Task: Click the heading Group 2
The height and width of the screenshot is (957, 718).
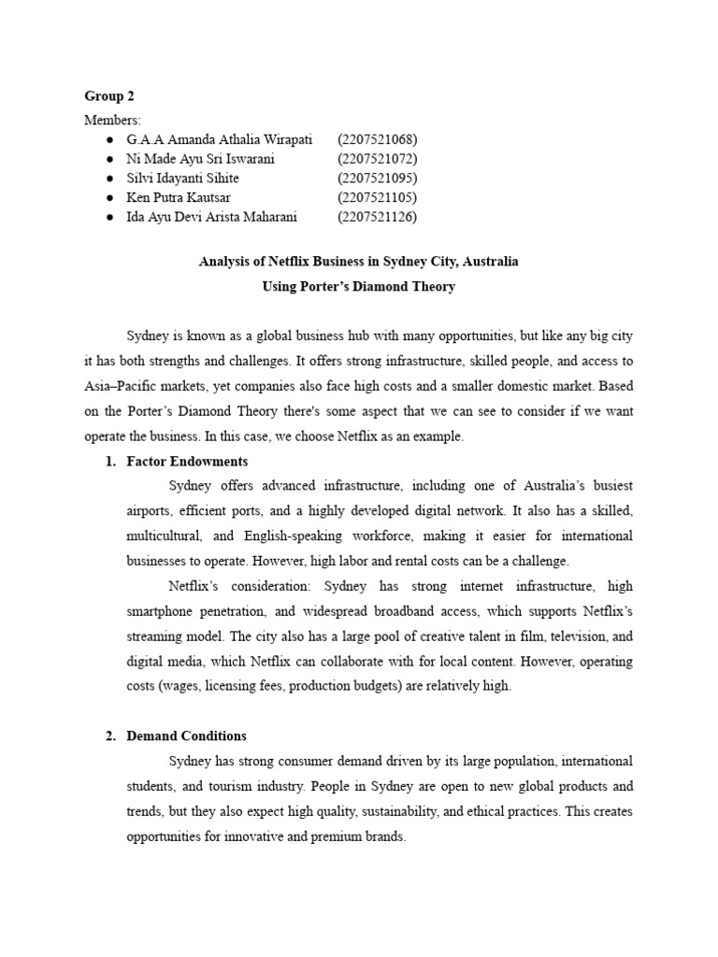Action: click(x=108, y=96)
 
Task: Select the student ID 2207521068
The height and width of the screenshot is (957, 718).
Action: click(x=377, y=139)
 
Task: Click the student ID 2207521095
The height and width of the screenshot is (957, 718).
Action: click(x=377, y=178)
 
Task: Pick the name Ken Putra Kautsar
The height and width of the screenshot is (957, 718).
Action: click(x=179, y=197)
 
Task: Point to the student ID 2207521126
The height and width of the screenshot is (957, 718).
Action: click(x=377, y=217)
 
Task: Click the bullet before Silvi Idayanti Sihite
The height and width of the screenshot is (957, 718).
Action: click(x=110, y=178)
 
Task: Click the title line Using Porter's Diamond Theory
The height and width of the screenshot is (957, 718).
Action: click(x=358, y=287)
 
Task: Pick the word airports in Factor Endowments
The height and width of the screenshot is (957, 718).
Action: click(x=151, y=512)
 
